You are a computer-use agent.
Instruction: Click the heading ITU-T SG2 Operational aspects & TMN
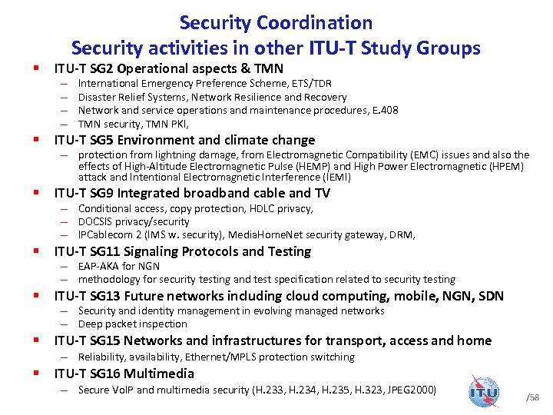(x=167, y=68)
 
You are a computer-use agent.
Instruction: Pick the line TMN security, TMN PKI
(x=133, y=124)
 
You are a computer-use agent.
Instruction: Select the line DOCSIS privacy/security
(x=134, y=221)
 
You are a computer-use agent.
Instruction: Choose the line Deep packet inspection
(x=132, y=324)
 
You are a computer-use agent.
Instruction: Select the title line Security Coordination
(x=276, y=23)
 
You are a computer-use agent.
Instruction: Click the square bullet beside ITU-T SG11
(x=37, y=251)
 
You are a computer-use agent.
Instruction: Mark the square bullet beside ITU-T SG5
(x=37, y=140)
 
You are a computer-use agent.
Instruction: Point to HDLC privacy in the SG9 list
(x=260, y=208)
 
